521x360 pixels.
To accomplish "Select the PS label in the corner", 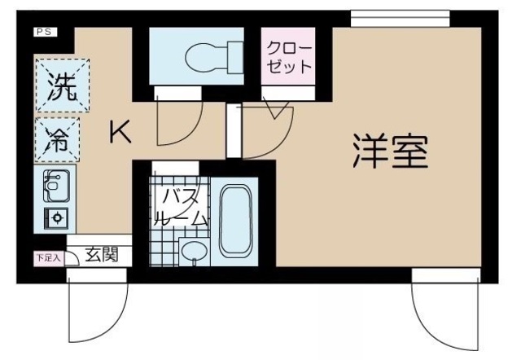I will point(42,32).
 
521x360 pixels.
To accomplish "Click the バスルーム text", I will point(181,208).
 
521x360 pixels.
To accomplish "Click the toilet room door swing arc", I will point(174,122).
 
